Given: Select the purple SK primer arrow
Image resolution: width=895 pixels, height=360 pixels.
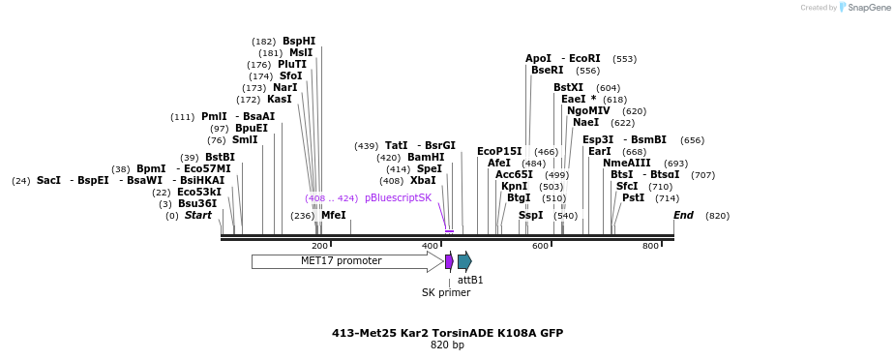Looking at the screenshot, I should click(x=449, y=261).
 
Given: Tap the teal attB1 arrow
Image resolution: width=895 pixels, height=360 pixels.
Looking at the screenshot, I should click(x=464, y=261).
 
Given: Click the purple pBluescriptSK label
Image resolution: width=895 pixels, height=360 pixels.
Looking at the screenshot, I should click(x=398, y=197).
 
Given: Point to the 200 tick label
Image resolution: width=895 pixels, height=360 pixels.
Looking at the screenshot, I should click(x=319, y=247).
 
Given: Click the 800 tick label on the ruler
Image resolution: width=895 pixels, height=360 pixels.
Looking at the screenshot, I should click(x=650, y=247).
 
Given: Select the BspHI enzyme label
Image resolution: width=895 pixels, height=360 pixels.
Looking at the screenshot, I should click(x=299, y=42).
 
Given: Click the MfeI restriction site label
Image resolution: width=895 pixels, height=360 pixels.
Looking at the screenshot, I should click(x=333, y=216).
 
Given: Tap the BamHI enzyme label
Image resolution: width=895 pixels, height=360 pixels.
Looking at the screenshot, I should click(x=426, y=158).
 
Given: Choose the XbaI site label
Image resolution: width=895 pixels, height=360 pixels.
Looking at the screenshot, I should click(x=423, y=181).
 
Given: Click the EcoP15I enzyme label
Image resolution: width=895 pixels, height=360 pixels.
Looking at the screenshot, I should click(x=499, y=152).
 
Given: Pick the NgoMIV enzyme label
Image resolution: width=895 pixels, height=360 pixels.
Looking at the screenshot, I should click(x=588, y=111).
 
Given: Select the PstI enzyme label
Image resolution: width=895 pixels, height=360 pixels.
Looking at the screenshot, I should click(x=633, y=198).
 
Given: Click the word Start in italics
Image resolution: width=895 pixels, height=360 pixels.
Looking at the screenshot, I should click(x=198, y=216).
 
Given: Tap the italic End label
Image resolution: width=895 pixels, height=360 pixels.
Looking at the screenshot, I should click(x=683, y=216).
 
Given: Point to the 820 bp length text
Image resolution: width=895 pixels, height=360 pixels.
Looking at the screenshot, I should click(x=447, y=345).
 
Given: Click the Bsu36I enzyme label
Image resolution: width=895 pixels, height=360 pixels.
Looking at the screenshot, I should click(x=199, y=204).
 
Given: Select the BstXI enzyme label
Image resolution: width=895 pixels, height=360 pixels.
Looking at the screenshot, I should click(x=569, y=88).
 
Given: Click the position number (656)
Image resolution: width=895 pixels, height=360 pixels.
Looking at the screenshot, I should click(x=693, y=140).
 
